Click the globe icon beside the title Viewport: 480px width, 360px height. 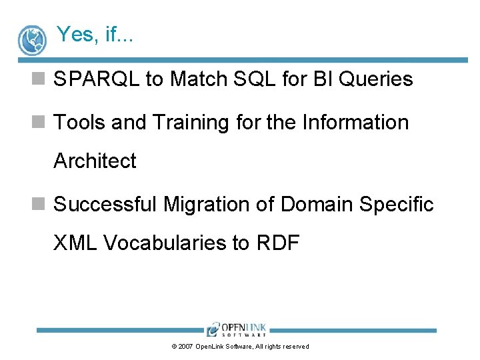[32, 41]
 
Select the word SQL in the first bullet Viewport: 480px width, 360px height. [255, 79]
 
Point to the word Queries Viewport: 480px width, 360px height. [375, 79]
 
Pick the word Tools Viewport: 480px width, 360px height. [79, 122]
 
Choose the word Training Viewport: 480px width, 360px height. [191, 123]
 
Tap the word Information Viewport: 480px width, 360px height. [355, 122]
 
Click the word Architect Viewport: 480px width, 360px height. [95, 161]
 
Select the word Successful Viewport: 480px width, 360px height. [105, 203]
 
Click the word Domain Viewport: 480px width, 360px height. [317, 203]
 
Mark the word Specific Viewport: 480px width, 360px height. [397, 205]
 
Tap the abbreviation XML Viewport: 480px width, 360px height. [75, 243]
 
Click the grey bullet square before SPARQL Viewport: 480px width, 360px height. [38, 79]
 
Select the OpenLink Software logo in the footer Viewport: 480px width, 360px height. [236, 329]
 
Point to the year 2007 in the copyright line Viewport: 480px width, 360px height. [185, 347]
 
